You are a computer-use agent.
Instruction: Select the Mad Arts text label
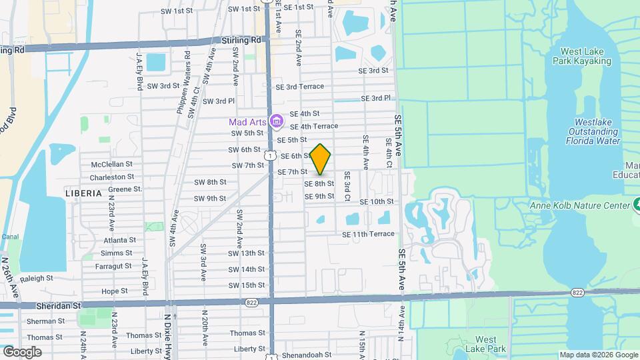coord(247,122)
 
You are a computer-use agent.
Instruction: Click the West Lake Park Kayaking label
coord(581,56)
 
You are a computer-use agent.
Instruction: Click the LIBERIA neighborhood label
coord(83,193)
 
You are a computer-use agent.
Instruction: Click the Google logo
coord(22,351)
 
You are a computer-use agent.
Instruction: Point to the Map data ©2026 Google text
coord(598,355)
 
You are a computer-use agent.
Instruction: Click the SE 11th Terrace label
coord(368,234)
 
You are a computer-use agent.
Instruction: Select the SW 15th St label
coord(246,285)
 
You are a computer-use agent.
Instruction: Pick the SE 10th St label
coord(377,201)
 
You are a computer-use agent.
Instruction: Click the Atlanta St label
coord(119,240)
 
